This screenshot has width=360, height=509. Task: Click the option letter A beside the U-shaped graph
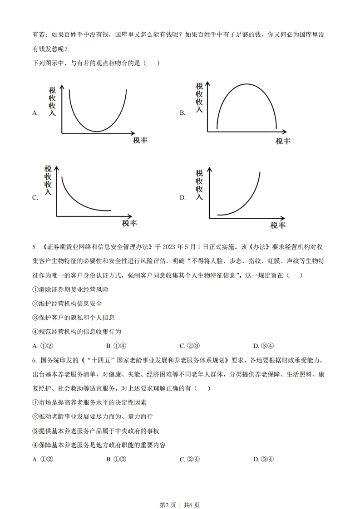coord(35,113)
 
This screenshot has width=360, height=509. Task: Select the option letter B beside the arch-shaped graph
coord(182,113)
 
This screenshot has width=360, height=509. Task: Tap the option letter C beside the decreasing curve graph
coord(35,198)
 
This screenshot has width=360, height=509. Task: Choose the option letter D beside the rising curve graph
coord(182,198)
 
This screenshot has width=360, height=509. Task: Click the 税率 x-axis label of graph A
coord(140,140)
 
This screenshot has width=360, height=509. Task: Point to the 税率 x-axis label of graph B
coord(282,141)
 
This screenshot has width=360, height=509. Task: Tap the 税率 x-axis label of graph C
coord(129,223)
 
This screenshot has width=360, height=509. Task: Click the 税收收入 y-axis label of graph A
coord(52,101)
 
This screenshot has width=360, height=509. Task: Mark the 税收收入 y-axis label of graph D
coord(199,185)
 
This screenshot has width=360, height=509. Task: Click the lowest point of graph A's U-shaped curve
coord(97,131)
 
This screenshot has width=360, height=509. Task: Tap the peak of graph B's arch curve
coord(247,84)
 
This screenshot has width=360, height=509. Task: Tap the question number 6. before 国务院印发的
coord(35,360)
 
